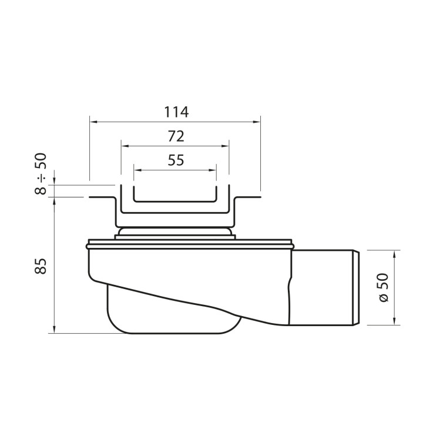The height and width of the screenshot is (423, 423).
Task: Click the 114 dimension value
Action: click(x=175, y=112)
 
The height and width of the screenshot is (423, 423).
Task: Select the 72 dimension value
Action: click(x=175, y=136)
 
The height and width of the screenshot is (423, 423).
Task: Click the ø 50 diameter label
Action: click(x=384, y=288)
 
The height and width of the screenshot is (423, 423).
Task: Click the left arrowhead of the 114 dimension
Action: click(x=92, y=122)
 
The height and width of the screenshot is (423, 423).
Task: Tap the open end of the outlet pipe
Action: click(x=358, y=287)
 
